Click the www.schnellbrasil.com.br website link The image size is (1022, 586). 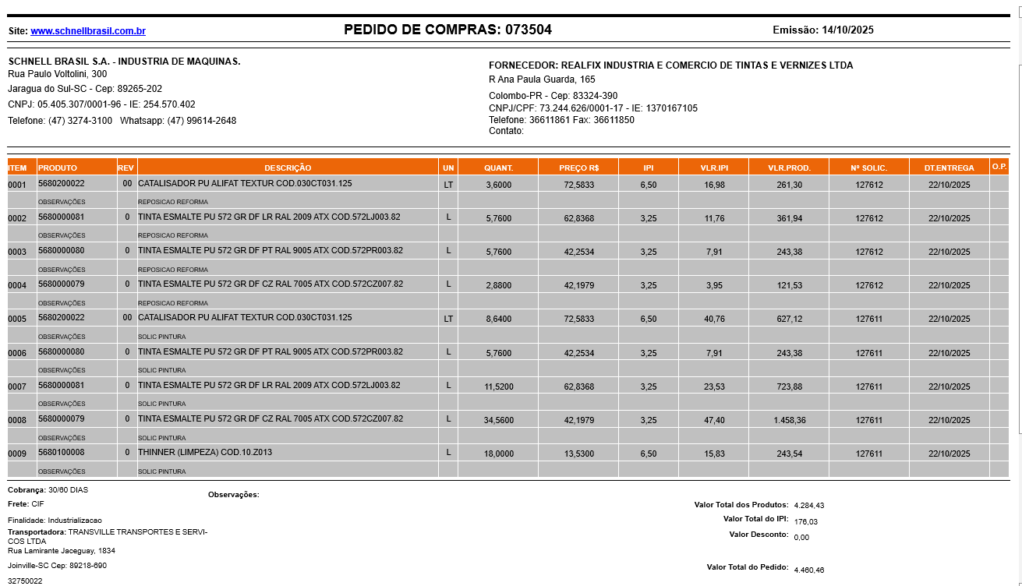88,31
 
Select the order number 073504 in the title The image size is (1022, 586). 529,30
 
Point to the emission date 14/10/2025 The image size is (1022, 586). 847,30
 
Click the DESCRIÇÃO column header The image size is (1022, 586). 288,168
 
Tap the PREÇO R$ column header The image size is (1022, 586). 578,168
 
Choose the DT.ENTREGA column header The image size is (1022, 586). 949,168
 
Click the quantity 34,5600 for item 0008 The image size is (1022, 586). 498,420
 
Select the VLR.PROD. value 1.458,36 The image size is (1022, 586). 789,420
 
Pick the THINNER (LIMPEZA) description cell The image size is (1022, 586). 205,452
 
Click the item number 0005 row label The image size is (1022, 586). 17,319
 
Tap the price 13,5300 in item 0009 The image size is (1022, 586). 578,454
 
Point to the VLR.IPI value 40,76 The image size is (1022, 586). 714,319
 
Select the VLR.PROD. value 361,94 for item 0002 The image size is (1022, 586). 789,218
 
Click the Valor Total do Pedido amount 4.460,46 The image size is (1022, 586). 808,570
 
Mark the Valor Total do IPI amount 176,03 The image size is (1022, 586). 806,522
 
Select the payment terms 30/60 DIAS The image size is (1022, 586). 69,489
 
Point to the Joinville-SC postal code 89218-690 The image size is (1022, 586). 88,566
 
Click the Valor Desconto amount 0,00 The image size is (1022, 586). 801,538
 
